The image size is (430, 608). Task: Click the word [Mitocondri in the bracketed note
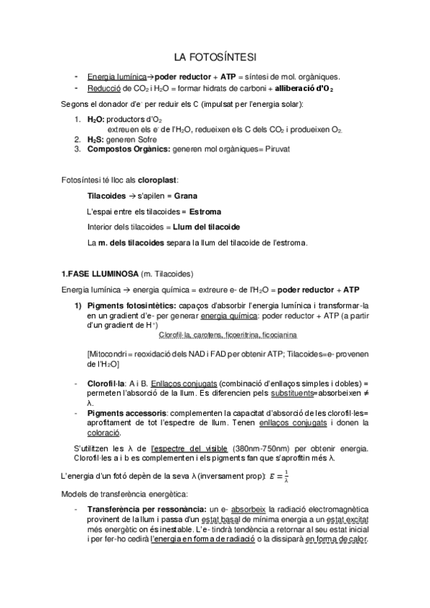click(108, 353)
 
